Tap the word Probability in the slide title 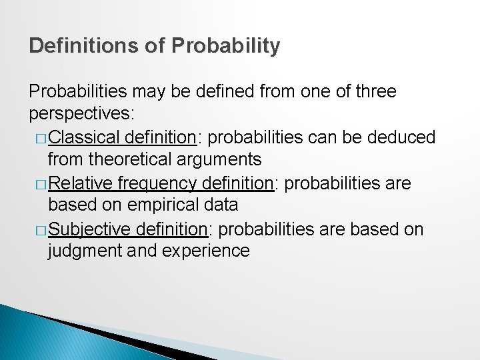[225, 46]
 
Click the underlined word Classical [84, 137]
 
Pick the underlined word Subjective [90, 229]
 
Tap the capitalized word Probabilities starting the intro [80, 91]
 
